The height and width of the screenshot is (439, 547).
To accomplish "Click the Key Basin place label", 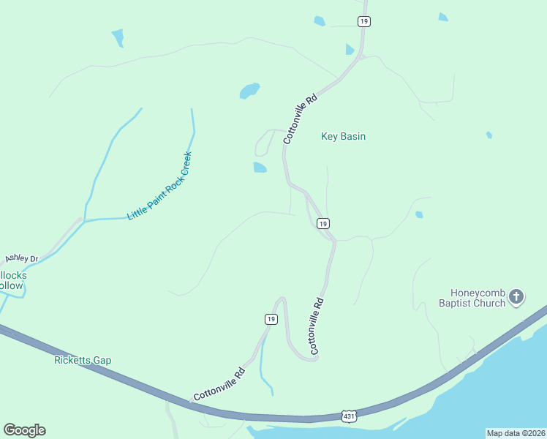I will point(343,136).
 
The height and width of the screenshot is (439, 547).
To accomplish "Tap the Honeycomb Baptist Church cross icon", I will point(516,296).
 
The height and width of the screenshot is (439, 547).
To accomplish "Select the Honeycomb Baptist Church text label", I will point(472,297).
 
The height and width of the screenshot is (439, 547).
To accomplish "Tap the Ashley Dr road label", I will point(21,258).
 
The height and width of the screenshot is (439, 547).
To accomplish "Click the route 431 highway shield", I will point(349,416).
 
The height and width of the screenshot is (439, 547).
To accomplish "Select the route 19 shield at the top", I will point(363,21).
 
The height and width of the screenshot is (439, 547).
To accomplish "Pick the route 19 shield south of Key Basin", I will point(322,223).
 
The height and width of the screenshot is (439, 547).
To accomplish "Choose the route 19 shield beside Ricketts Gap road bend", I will point(271,319).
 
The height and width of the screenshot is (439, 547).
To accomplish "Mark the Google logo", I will point(24,430).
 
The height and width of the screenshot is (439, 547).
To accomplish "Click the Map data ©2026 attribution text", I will point(516,432).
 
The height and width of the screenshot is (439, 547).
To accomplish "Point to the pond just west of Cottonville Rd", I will point(260,168).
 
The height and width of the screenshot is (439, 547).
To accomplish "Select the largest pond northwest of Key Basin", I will point(249,91).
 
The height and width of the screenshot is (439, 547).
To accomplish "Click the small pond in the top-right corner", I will point(443,16).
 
